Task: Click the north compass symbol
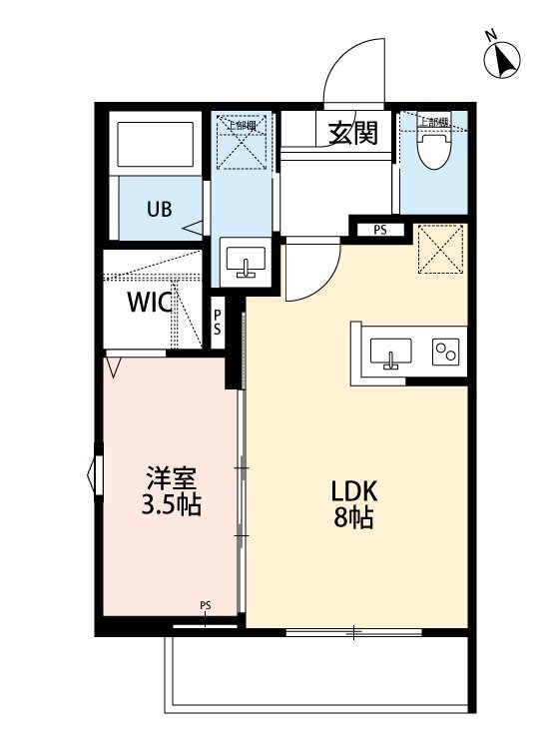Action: pos(503,61)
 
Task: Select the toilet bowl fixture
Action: pos(432,149)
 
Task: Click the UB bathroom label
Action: pos(160,210)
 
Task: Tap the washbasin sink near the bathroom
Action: pos(244,263)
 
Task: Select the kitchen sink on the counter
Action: pos(391,353)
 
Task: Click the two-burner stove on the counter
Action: pos(443,352)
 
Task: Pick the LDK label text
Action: pos(354,491)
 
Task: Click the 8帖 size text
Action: pos(354,519)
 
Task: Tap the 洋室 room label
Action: pos(171,477)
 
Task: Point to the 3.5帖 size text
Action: pos(171,505)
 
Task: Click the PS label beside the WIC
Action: pos(217,322)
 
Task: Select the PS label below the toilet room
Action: pos(379,230)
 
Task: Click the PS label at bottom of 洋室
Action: pos(205,604)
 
